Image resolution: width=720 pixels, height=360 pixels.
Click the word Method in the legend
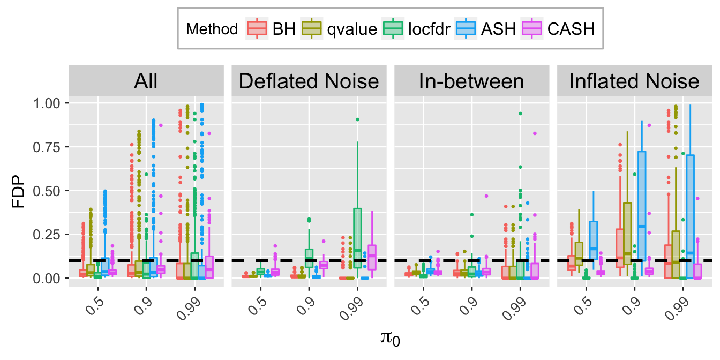tap(212, 29)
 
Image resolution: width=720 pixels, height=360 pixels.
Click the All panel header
tap(146, 81)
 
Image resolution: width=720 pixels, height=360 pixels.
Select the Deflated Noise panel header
tap(309, 81)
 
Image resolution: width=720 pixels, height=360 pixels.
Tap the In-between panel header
tap(471, 81)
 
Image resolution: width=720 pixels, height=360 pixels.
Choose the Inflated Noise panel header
tap(634, 81)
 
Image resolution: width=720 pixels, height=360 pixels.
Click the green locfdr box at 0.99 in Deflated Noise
tap(357, 238)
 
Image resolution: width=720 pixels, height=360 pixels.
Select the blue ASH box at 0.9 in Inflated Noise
tap(642, 214)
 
